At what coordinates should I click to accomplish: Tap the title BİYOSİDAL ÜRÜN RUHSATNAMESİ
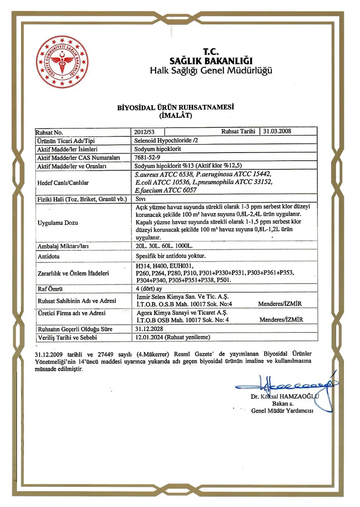(x=176, y=108)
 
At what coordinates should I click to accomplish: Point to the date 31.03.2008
(x=278, y=131)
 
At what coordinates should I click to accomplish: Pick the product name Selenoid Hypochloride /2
(x=164, y=141)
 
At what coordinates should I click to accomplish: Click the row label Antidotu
(x=48, y=256)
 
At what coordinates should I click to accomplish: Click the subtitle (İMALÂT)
(x=176, y=116)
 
